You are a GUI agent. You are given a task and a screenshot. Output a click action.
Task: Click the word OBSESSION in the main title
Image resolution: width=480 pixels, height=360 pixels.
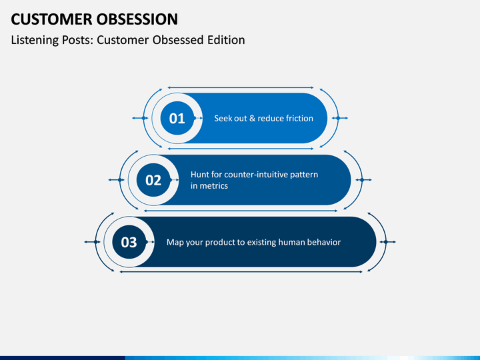point(137,19)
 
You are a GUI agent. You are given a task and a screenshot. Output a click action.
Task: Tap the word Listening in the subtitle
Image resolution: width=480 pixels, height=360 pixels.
point(35,41)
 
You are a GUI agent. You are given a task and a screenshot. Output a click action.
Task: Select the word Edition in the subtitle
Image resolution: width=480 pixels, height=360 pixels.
point(226,40)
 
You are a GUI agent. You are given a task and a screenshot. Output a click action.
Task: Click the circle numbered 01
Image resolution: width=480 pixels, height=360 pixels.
point(177,118)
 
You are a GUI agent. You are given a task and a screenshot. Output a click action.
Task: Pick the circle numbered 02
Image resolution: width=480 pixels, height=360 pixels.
point(153,180)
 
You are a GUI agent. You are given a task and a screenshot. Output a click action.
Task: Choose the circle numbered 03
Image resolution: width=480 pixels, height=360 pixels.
point(129,242)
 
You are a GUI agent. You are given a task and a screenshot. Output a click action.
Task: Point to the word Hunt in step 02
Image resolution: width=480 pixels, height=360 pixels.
point(199,175)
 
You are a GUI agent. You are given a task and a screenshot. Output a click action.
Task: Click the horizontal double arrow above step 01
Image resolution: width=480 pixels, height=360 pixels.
point(241,87)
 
